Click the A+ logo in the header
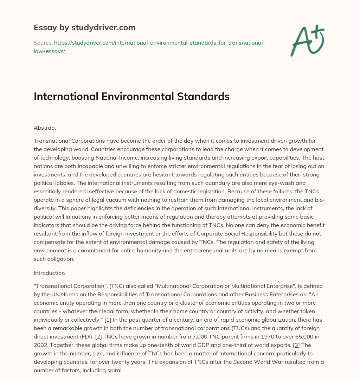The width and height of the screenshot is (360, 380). [x=307, y=40]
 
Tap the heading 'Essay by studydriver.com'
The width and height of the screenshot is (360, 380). [x=85, y=27]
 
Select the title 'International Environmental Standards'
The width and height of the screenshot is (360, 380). [x=131, y=96]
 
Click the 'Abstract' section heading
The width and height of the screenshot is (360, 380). [x=45, y=128]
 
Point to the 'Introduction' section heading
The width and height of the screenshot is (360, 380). [x=49, y=273]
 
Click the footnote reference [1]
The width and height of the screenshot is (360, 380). [x=108, y=320]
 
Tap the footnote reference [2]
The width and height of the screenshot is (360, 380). [x=98, y=336]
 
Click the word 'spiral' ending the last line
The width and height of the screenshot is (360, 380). [x=114, y=370]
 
